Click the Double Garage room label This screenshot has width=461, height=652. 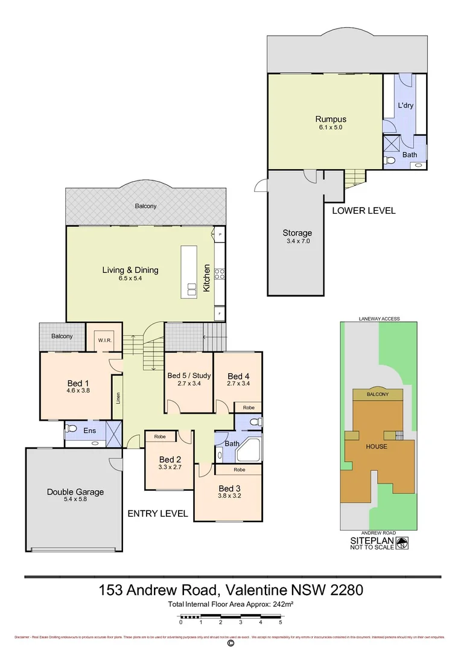pos(75,491)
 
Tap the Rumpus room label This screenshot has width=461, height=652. pos(331,119)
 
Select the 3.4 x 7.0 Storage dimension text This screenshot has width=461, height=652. pos(297,241)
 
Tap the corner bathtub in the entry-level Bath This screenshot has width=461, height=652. pos(250,449)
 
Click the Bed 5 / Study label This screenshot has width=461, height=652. pos(189,376)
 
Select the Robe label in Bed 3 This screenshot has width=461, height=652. pos(239,469)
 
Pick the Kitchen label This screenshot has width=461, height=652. pos(206,278)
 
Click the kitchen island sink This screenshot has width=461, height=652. pos(192,289)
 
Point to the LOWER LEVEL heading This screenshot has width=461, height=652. pos(364,211)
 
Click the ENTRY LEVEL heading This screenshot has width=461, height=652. pos(157,514)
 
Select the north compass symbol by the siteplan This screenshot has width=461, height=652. pos(402,542)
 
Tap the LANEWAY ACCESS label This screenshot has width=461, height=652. pos(379,319)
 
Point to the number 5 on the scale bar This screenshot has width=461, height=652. pos(281,621)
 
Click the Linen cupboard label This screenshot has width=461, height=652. pos(118,398)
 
